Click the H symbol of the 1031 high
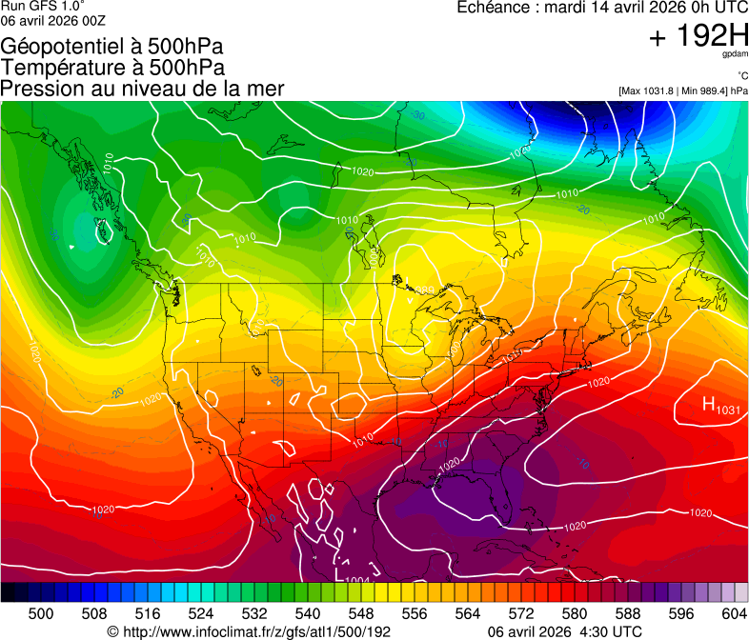[710, 405]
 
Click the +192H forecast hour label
[698, 37]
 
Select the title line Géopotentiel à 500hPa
[112, 47]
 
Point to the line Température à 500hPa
[112, 68]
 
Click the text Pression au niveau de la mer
[142, 89]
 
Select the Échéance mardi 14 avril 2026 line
[602, 8]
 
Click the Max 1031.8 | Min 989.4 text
[682, 90]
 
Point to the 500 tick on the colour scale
[41, 613]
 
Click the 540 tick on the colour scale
[308, 613]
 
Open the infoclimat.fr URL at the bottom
[249, 631]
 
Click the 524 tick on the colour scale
[201, 613]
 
